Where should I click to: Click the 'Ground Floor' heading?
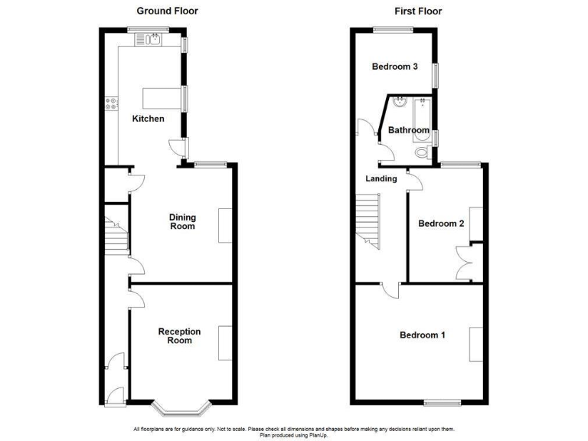click(x=167, y=11)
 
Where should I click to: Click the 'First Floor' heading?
click(x=418, y=11)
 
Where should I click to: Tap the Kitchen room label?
click(x=148, y=119)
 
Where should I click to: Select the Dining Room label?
click(x=182, y=221)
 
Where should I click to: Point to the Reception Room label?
click(x=179, y=336)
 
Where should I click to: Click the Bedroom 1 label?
click(x=422, y=335)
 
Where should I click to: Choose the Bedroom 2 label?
click(x=441, y=224)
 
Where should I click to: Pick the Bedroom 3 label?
click(x=394, y=67)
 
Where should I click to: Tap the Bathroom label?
click(x=408, y=130)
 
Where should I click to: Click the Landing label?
click(x=381, y=179)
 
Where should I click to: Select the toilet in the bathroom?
click(x=420, y=154)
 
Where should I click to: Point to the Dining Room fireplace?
click(x=225, y=225)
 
